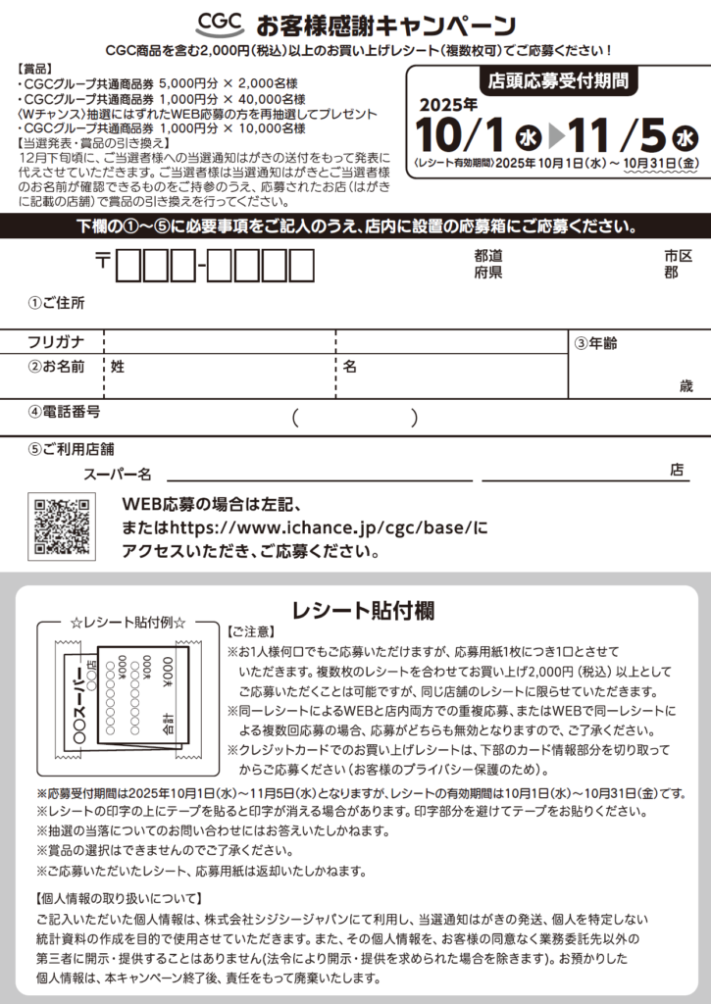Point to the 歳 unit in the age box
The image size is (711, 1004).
[x=686, y=386]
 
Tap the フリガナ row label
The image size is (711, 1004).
[x=56, y=342]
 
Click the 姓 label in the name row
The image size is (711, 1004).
[x=118, y=366]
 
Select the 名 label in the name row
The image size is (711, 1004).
[x=349, y=366]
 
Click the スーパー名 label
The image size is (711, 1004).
[x=117, y=475]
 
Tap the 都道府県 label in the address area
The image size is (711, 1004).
[x=487, y=264]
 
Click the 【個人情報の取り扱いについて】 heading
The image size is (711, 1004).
[x=119, y=898]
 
